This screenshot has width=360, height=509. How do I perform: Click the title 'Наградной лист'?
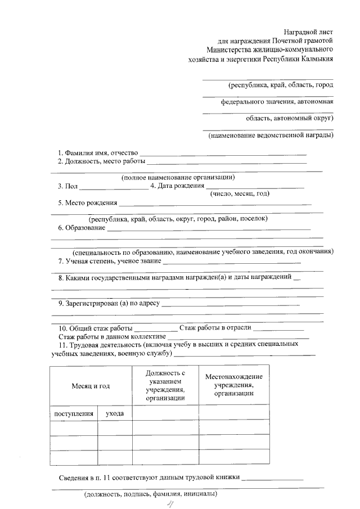click(x=309, y=31)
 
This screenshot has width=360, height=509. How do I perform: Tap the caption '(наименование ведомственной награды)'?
click(x=271, y=136)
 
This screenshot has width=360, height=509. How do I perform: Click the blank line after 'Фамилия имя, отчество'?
click(x=223, y=153)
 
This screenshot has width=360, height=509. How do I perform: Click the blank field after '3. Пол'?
click(x=114, y=186)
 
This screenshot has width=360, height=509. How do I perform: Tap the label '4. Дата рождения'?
click(x=177, y=186)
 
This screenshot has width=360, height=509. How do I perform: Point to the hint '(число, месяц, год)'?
click(x=240, y=193)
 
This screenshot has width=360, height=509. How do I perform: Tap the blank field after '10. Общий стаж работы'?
click(x=156, y=328)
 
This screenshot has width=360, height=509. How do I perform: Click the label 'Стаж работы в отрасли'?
click(x=215, y=328)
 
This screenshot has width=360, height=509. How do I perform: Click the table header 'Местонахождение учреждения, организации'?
click(x=233, y=385)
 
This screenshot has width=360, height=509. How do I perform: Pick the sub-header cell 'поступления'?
click(x=74, y=413)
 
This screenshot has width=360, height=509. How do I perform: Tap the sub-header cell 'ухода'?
click(x=115, y=413)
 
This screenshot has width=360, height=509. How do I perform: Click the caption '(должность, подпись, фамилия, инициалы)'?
click(x=150, y=495)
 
